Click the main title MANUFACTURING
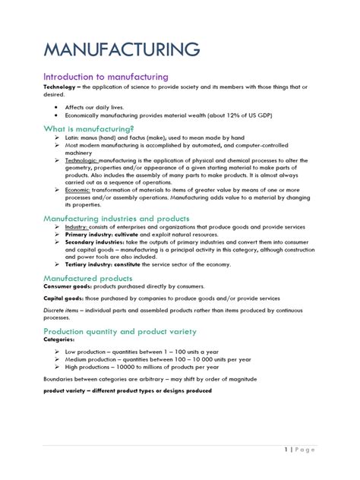[122, 50]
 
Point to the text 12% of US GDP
[244, 115]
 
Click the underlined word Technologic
[83, 161]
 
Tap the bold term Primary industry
[90, 235]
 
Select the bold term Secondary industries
[95, 243]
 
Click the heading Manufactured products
[87, 278]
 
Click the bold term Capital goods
[65, 298]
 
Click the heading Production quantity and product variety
[120, 332]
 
